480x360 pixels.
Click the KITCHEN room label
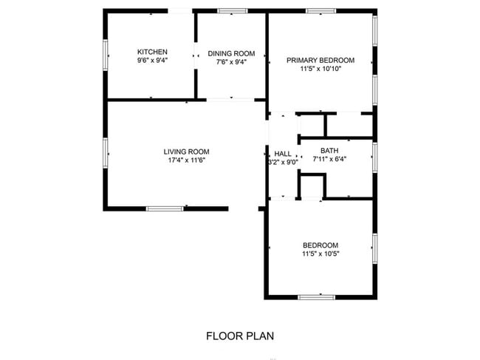click(152, 52)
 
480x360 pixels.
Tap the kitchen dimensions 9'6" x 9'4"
click(152, 61)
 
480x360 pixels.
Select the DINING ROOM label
click(231, 53)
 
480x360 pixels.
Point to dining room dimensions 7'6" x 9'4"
click(231, 63)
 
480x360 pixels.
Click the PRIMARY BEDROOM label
click(320, 60)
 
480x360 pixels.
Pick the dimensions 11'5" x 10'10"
click(320, 69)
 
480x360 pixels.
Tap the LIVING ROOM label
click(182, 152)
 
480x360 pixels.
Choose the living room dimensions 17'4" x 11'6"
click(182, 161)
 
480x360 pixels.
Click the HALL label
click(283, 154)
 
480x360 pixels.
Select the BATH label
click(329, 149)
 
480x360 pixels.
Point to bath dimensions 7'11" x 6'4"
click(329, 158)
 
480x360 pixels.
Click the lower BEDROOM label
click(320, 245)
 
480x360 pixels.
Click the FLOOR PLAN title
click(240, 336)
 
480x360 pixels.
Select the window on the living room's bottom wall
click(164, 208)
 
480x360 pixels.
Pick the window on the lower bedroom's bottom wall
click(317, 297)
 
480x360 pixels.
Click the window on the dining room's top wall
click(233, 10)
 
